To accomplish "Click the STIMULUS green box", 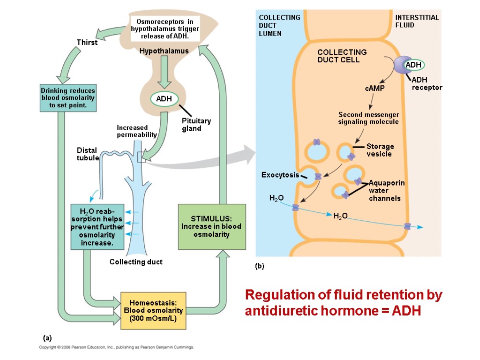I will click(x=211, y=226).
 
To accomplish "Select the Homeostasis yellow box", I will click(x=154, y=310).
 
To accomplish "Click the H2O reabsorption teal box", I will click(x=97, y=226).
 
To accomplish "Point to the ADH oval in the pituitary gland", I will click(x=164, y=99).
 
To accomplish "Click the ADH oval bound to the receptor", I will click(x=413, y=64).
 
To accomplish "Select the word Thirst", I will click(x=87, y=43).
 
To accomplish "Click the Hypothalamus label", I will click(x=164, y=51).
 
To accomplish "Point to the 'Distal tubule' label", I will click(x=88, y=154).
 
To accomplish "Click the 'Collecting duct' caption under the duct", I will click(x=136, y=262).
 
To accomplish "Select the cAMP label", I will click(x=374, y=89).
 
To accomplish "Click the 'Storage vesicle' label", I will click(x=380, y=150).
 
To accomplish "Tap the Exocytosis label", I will click(x=280, y=175).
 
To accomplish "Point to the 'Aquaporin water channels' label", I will click(x=386, y=190).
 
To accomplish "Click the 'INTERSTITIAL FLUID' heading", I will click(x=417, y=21).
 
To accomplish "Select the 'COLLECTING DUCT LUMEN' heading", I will click(x=279, y=25).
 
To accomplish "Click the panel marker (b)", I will click(x=260, y=266).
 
